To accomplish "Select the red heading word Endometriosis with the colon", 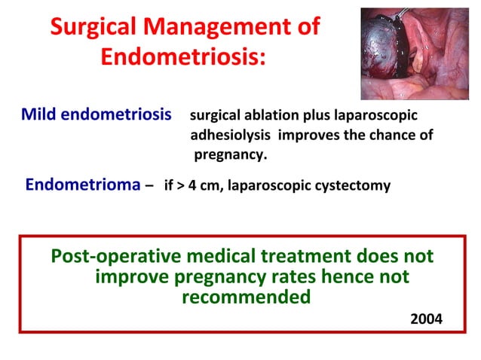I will pyautogui.click(x=183, y=57).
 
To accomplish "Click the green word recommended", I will pyautogui.click(x=247, y=297).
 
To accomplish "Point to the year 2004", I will pyautogui.click(x=426, y=319).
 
